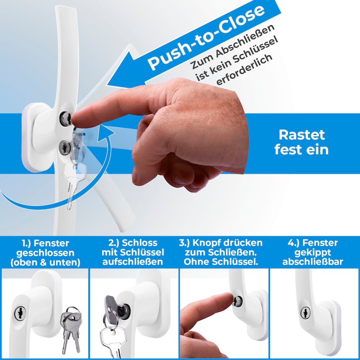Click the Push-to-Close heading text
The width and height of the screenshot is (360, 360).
point(206,37)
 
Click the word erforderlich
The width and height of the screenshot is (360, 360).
point(244,69)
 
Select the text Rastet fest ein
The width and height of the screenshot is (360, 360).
point(301,142)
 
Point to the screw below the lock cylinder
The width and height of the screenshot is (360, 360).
point(65,147)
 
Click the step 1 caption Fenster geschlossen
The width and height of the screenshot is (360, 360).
point(45,248)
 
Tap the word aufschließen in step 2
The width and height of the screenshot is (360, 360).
point(133,262)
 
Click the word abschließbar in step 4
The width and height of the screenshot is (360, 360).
point(313,262)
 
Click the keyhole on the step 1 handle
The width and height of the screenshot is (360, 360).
point(20,313)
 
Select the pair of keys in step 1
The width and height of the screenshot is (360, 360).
point(71,329)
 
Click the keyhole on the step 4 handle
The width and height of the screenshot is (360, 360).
point(306,313)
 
